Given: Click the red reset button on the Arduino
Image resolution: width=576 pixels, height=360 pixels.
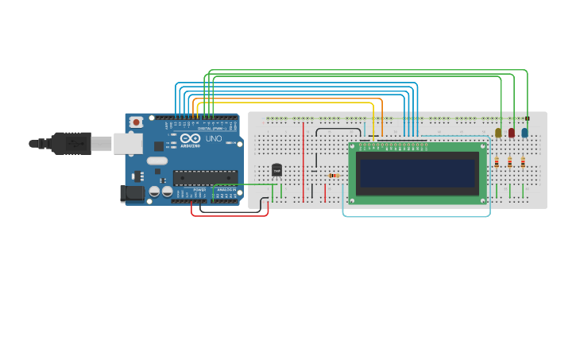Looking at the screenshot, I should (136, 122).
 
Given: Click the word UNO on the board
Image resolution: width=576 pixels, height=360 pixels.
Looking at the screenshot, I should (214, 138).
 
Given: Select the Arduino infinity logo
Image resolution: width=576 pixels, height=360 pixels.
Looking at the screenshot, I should (190, 137).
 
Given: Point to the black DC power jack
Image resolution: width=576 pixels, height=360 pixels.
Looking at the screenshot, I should (132, 192).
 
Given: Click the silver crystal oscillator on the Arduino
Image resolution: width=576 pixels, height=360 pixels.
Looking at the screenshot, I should (157, 161).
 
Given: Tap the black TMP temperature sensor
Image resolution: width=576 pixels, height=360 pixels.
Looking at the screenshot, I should (276, 169).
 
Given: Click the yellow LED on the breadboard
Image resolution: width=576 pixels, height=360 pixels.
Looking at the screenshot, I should (498, 133).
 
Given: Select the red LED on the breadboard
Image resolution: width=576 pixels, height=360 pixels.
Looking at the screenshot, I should (511, 133).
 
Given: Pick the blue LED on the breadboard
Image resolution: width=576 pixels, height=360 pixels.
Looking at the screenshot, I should (524, 133).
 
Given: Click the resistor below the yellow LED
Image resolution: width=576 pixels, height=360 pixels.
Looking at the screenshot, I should (497, 162).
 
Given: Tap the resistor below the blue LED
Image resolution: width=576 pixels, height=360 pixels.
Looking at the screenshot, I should (523, 162).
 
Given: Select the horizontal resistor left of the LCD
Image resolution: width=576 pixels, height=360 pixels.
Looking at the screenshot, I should (334, 176).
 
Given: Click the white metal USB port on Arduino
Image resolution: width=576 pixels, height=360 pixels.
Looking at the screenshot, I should (127, 143).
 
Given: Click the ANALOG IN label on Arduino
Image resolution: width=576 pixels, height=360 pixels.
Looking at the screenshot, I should (226, 189).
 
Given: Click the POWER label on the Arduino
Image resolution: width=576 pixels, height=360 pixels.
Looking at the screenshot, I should (199, 189).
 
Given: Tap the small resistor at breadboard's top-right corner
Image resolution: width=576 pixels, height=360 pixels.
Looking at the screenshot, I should (527, 118).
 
